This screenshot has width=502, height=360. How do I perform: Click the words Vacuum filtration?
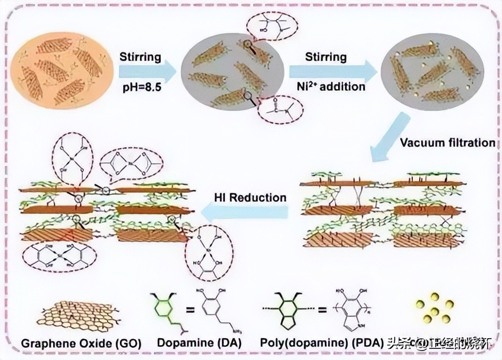click(x=447, y=143)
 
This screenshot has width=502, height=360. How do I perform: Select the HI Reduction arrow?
click(x=244, y=213)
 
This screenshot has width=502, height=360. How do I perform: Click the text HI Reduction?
click(x=250, y=198)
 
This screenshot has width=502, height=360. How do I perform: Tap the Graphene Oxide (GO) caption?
click(x=81, y=343)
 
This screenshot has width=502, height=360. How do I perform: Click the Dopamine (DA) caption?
click(x=199, y=343)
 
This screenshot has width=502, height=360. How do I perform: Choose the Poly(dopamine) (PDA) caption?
click(x=322, y=343)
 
